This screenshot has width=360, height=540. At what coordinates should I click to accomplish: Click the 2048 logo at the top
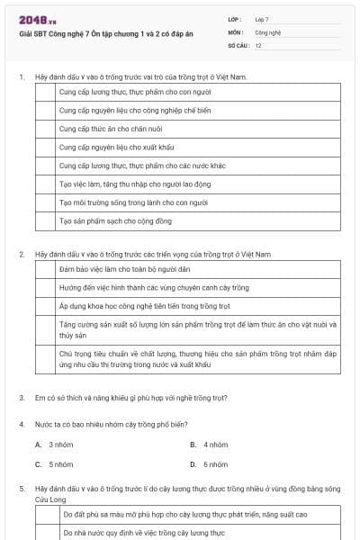[x=37, y=19]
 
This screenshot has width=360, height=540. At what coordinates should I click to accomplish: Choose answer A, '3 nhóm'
[x=54, y=445]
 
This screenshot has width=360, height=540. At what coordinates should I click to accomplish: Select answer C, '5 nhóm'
[x=54, y=464]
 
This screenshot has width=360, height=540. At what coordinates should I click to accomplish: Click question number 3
[x=21, y=397]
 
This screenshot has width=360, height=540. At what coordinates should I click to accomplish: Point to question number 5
[x=21, y=487]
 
